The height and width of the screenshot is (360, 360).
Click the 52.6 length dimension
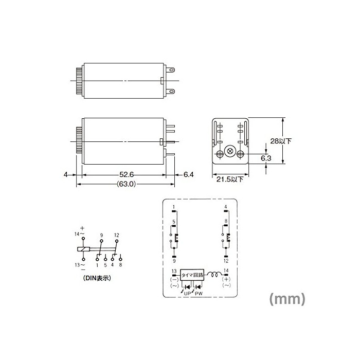click(127, 175)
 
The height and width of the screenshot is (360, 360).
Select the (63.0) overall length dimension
click(127, 184)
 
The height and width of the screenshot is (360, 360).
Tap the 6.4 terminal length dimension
click(188, 175)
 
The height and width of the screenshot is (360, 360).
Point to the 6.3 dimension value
click(266, 158)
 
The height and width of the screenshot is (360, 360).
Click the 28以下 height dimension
click(281, 141)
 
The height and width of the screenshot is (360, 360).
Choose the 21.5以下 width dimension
click(229, 179)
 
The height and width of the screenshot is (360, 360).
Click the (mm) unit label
click(287, 299)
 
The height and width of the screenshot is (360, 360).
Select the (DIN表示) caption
click(97, 278)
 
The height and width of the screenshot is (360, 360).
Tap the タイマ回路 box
click(192, 275)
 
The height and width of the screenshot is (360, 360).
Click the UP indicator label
click(187, 294)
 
